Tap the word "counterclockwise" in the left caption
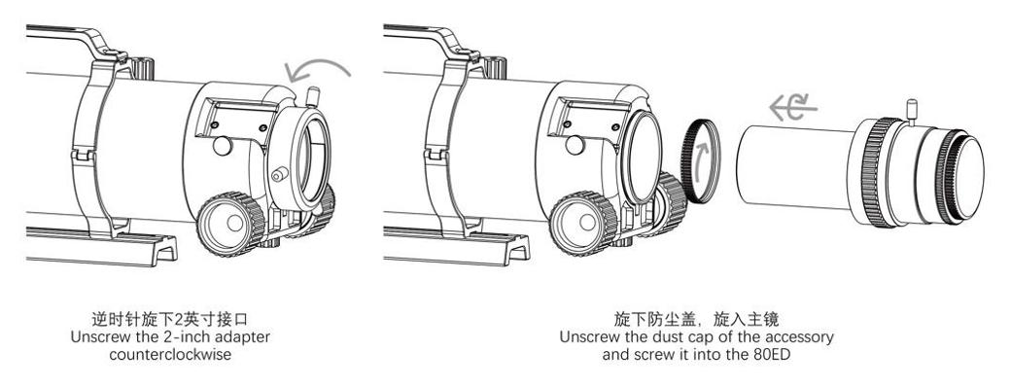click(x=169, y=355)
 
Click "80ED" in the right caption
click(x=774, y=355)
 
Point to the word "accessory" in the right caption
click(x=803, y=336)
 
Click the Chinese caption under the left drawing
click(x=169, y=318)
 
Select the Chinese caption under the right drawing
click(x=696, y=318)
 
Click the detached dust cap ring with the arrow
click(x=700, y=161)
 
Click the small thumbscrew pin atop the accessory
click(x=911, y=110)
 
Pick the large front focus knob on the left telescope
click(x=230, y=223)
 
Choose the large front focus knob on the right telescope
click(x=583, y=223)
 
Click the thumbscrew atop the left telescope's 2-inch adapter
click(x=313, y=96)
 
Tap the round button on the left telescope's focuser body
click(x=223, y=146)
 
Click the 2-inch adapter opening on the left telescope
click(x=307, y=159)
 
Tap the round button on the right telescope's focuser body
click(x=575, y=146)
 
